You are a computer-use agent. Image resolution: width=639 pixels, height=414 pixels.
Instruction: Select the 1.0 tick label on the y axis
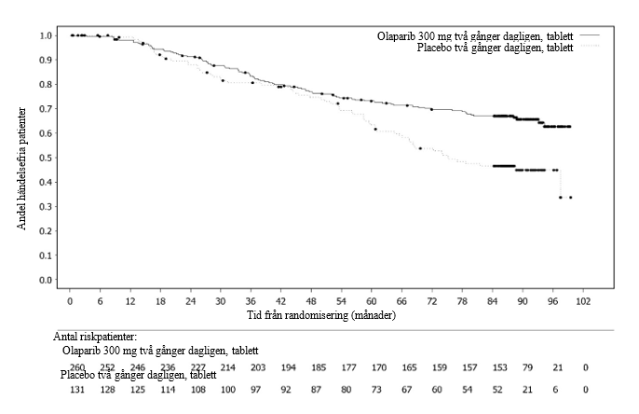pyautogui.click(x=45, y=35)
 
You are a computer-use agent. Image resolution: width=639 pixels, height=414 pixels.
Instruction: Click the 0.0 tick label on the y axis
pyautogui.click(x=45, y=280)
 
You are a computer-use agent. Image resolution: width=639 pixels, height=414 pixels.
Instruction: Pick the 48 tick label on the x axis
pyautogui.click(x=312, y=302)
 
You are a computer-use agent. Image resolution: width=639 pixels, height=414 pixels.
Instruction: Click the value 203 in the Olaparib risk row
pyautogui.click(x=257, y=368)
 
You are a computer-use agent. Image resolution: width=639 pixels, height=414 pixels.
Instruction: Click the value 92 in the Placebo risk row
pyautogui.click(x=287, y=388)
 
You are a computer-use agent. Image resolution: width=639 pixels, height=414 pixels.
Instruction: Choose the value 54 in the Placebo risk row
pyautogui.click(x=469, y=388)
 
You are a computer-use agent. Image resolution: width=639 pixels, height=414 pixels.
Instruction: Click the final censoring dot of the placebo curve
pyautogui.click(x=570, y=197)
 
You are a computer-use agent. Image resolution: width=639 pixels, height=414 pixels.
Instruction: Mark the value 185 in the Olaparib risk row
pyautogui.click(x=318, y=368)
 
